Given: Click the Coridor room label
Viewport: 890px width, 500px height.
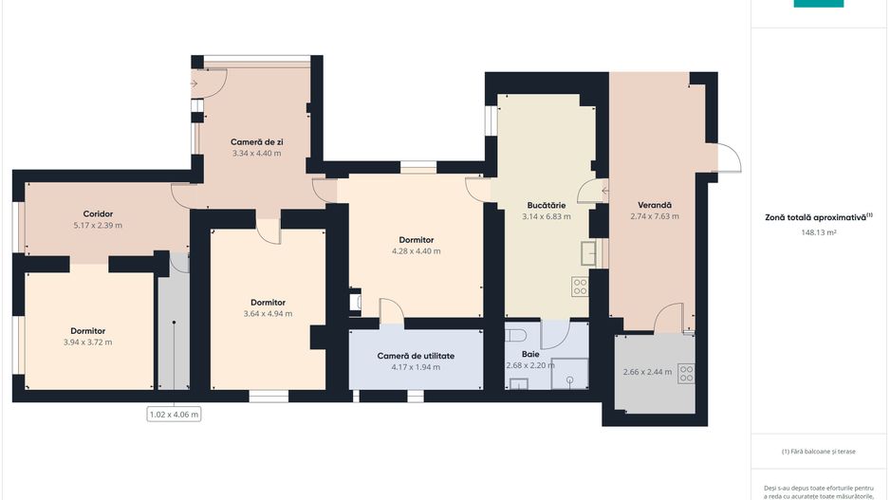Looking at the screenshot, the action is [98, 214].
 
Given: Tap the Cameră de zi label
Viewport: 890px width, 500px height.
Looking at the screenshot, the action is [256, 142].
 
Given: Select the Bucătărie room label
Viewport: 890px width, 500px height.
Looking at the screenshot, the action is [546, 206].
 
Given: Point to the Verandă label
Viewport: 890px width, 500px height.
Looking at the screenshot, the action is [655, 205].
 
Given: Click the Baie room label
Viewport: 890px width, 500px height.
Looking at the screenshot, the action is [530, 354].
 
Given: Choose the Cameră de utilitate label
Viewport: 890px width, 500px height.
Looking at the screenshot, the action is [416, 356].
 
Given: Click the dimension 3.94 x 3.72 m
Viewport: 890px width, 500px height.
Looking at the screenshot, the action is [88, 343].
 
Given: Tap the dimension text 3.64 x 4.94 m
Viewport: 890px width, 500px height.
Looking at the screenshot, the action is [268, 314].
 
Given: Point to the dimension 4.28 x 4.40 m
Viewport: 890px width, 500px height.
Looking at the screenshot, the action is [416, 250].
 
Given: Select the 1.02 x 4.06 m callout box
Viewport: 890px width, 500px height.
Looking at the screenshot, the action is [174, 415].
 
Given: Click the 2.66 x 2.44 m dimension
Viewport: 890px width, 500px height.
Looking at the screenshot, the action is [648, 372].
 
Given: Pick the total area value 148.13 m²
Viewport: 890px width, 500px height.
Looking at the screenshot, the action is [819, 232].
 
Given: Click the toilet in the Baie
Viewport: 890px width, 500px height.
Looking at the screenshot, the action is [515, 336].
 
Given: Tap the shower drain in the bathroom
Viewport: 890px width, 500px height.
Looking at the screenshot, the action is [569, 380].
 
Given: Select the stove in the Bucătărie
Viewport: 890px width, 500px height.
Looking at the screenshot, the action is [580, 287].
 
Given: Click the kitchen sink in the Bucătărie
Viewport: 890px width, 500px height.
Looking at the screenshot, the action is [588, 253].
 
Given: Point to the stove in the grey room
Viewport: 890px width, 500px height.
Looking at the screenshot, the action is [686, 374].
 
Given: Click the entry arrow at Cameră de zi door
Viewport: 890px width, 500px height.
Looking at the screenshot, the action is [195, 84].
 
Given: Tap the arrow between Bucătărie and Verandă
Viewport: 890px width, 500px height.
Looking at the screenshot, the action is [605, 192].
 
